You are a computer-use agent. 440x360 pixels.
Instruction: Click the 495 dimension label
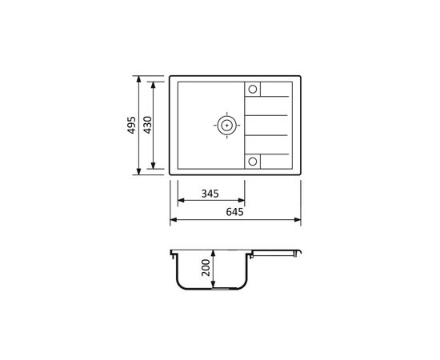tap(132, 125)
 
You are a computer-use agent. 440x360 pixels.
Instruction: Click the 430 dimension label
tap(147, 125)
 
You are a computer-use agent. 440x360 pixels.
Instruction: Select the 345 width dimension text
tap(210, 194)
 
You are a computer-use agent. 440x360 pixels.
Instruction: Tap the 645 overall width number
tap(235, 212)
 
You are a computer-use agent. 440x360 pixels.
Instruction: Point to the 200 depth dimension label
tap(206, 268)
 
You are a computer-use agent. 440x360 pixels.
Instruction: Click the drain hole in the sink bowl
tap(226, 126)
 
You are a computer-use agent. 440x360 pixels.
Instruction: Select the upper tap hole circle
tap(253, 90)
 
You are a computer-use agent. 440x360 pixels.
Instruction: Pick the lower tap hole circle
tap(253, 162)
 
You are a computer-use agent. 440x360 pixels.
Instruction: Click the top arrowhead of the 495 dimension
tap(138, 79)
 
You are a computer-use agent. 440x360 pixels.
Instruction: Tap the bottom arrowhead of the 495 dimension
tap(138, 171)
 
